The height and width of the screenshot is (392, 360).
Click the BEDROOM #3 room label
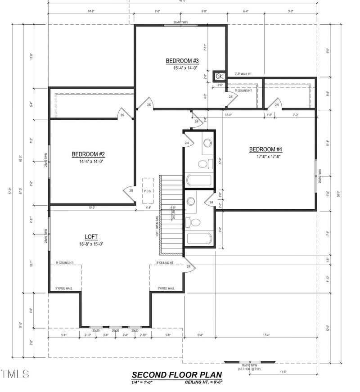(182, 61)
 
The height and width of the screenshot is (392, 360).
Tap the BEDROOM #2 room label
(88, 154)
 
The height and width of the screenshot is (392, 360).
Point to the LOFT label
(91, 237)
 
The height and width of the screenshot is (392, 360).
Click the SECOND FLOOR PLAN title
(177, 374)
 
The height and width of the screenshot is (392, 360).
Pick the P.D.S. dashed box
(148, 191)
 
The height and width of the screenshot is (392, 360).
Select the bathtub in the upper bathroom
(198, 180)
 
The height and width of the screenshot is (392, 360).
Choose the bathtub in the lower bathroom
(199, 238)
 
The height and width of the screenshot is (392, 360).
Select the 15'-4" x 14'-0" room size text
(182, 68)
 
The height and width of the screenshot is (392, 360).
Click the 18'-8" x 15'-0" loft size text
(91, 244)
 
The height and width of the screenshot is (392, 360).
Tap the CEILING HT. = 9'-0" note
(203, 382)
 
